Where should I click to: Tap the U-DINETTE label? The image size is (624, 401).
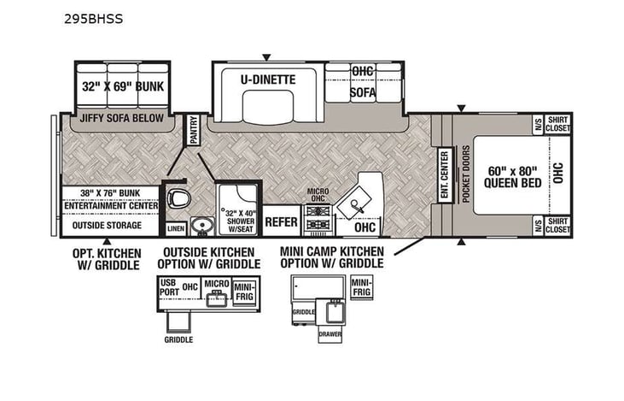(x=267, y=80)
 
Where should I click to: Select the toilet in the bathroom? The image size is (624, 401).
(x=178, y=198)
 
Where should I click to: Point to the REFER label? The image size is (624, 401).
(x=281, y=221)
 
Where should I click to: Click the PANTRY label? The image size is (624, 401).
(x=193, y=131)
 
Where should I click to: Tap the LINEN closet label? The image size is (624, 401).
(x=175, y=228)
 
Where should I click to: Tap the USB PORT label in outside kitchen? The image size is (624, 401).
(x=167, y=291)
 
